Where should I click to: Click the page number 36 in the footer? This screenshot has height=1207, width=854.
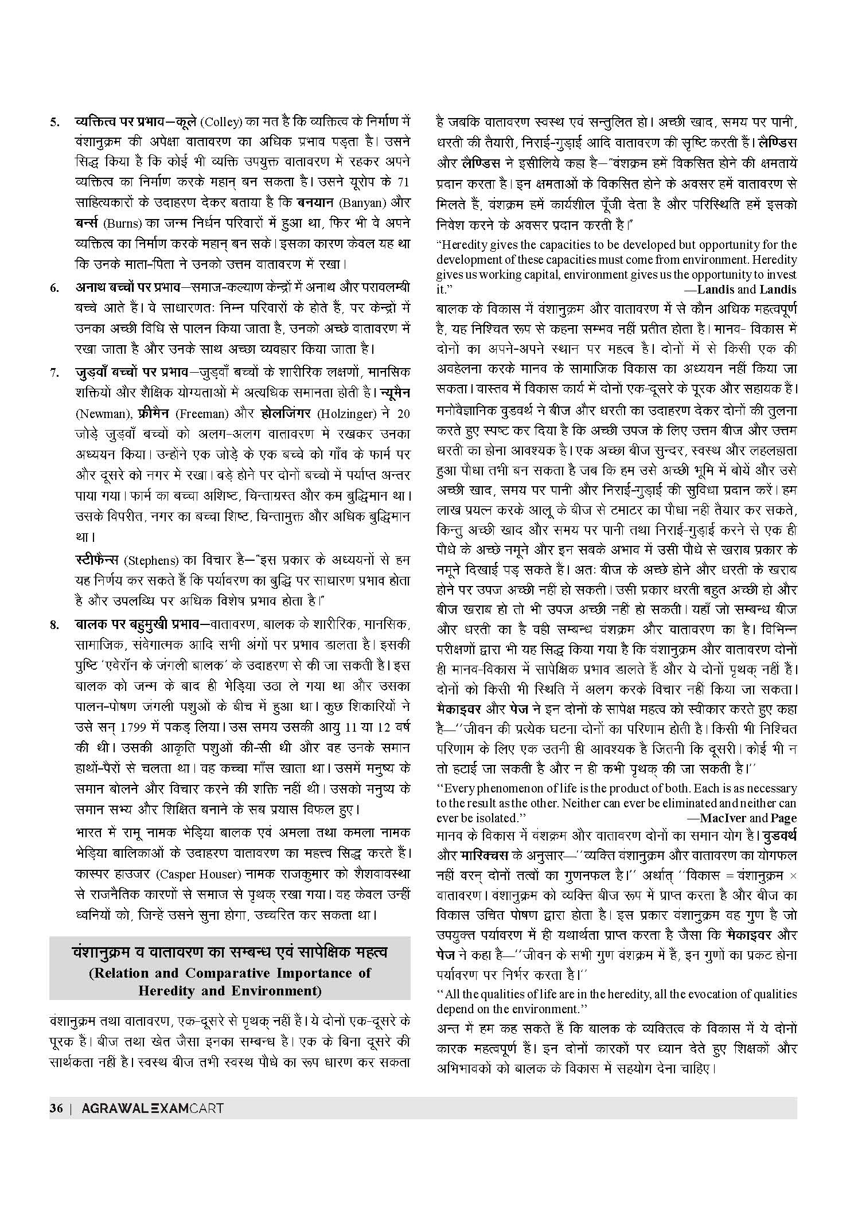(x=56, y=1124)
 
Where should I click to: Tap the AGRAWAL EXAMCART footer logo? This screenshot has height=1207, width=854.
(x=152, y=1124)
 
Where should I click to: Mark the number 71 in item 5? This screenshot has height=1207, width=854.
(x=403, y=182)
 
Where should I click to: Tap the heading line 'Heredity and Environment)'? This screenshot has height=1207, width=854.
(x=230, y=990)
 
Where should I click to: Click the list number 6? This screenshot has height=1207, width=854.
(x=54, y=288)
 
